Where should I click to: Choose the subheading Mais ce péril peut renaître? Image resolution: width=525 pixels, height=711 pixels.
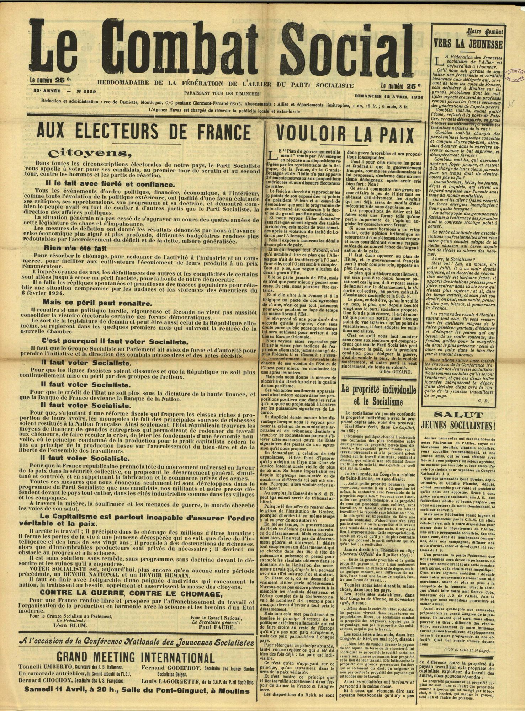92,303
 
